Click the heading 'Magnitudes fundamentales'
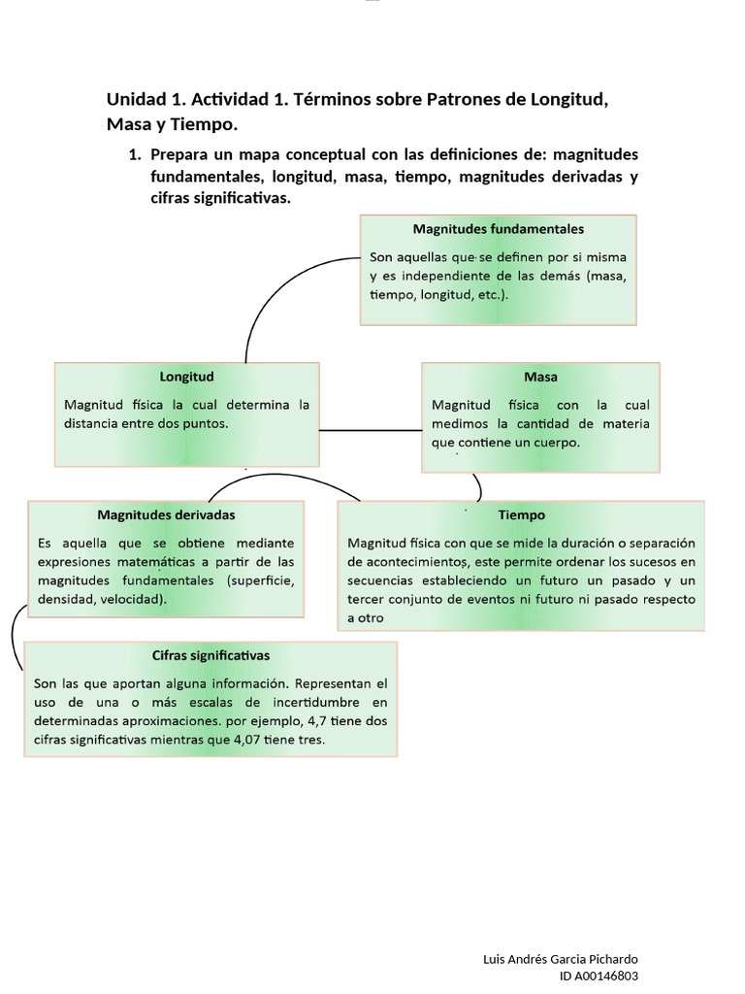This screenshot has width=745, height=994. click(498, 230)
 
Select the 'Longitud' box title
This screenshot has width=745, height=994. click(186, 377)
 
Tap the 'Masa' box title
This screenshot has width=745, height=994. click(540, 377)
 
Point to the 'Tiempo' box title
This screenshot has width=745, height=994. click(522, 515)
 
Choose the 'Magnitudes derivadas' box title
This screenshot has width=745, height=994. click(166, 514)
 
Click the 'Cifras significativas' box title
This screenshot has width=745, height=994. click(211, 655)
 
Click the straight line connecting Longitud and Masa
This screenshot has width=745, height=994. click(370, 429)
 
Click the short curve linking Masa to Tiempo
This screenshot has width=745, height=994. click(477, 485)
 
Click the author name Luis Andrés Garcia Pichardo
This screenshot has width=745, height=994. click(560, 959)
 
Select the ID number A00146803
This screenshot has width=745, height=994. click(601, 976)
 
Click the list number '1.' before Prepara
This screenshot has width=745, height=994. click(135, 154)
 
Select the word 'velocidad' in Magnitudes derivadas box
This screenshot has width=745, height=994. click(133, 599)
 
